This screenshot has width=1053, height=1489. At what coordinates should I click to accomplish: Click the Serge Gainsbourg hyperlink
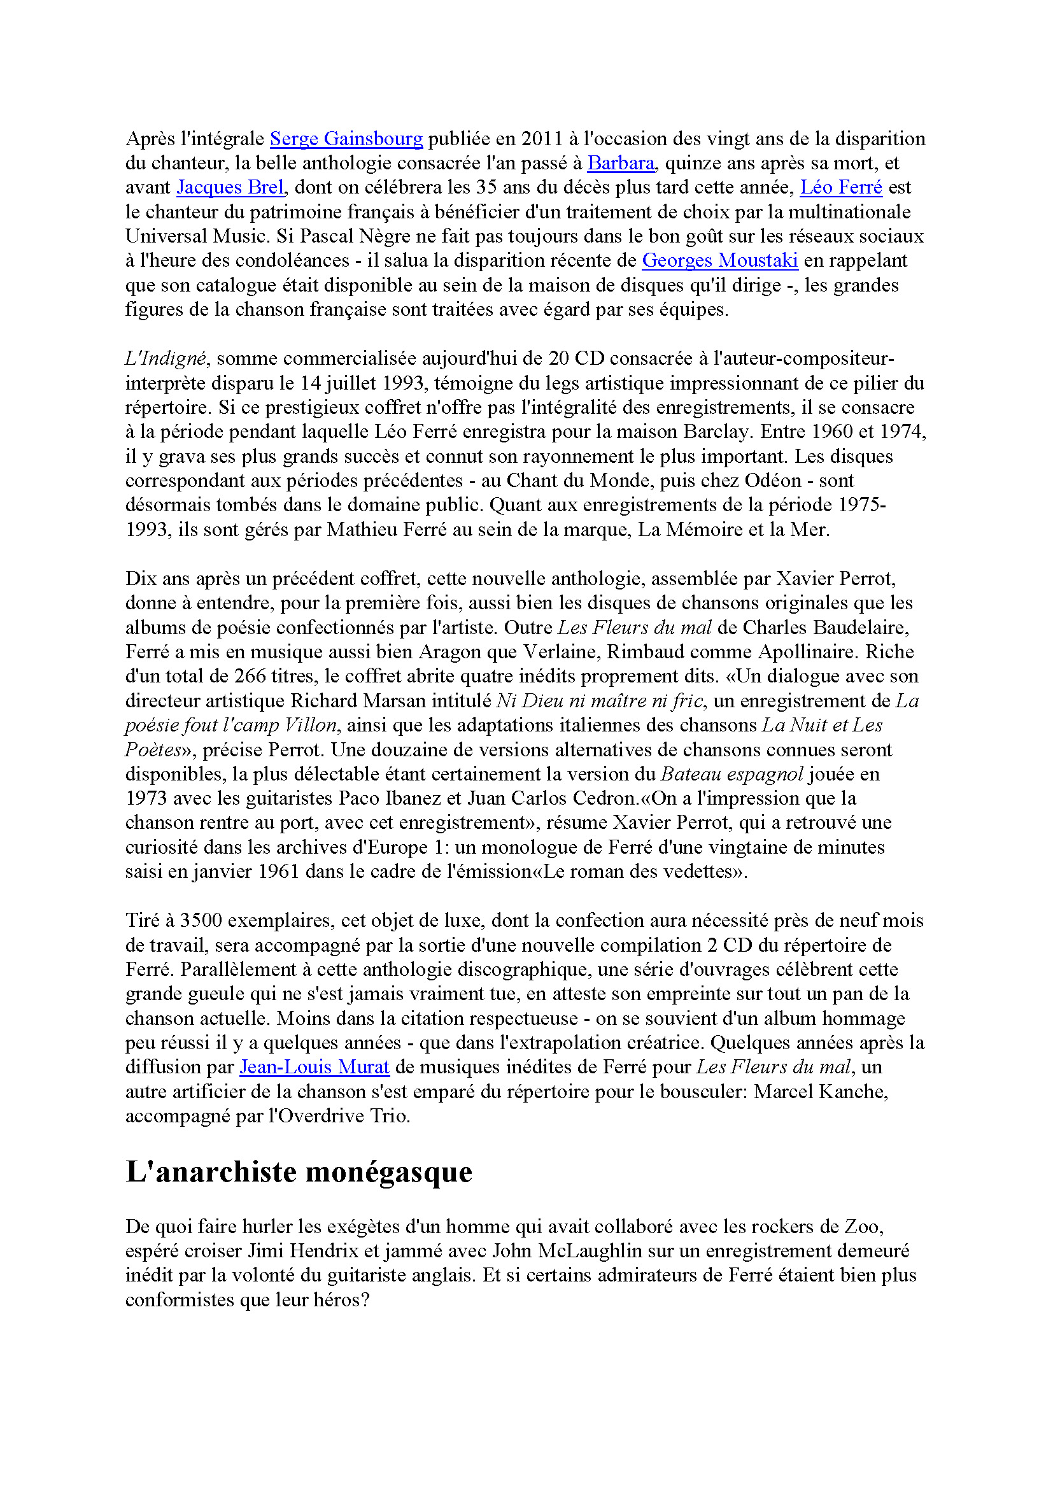pos(346,139)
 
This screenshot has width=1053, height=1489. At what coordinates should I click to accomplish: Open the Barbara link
pos(621,163)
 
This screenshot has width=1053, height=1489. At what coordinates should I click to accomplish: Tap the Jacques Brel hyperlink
pos(230,187)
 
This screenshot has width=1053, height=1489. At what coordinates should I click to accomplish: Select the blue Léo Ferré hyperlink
pos(841,187)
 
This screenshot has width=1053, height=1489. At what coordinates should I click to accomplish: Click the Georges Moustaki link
pos(720,261)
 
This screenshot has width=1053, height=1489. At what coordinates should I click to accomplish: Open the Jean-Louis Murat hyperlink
pos(314,1067)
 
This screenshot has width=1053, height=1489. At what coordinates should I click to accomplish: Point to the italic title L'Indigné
pos(166,358)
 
